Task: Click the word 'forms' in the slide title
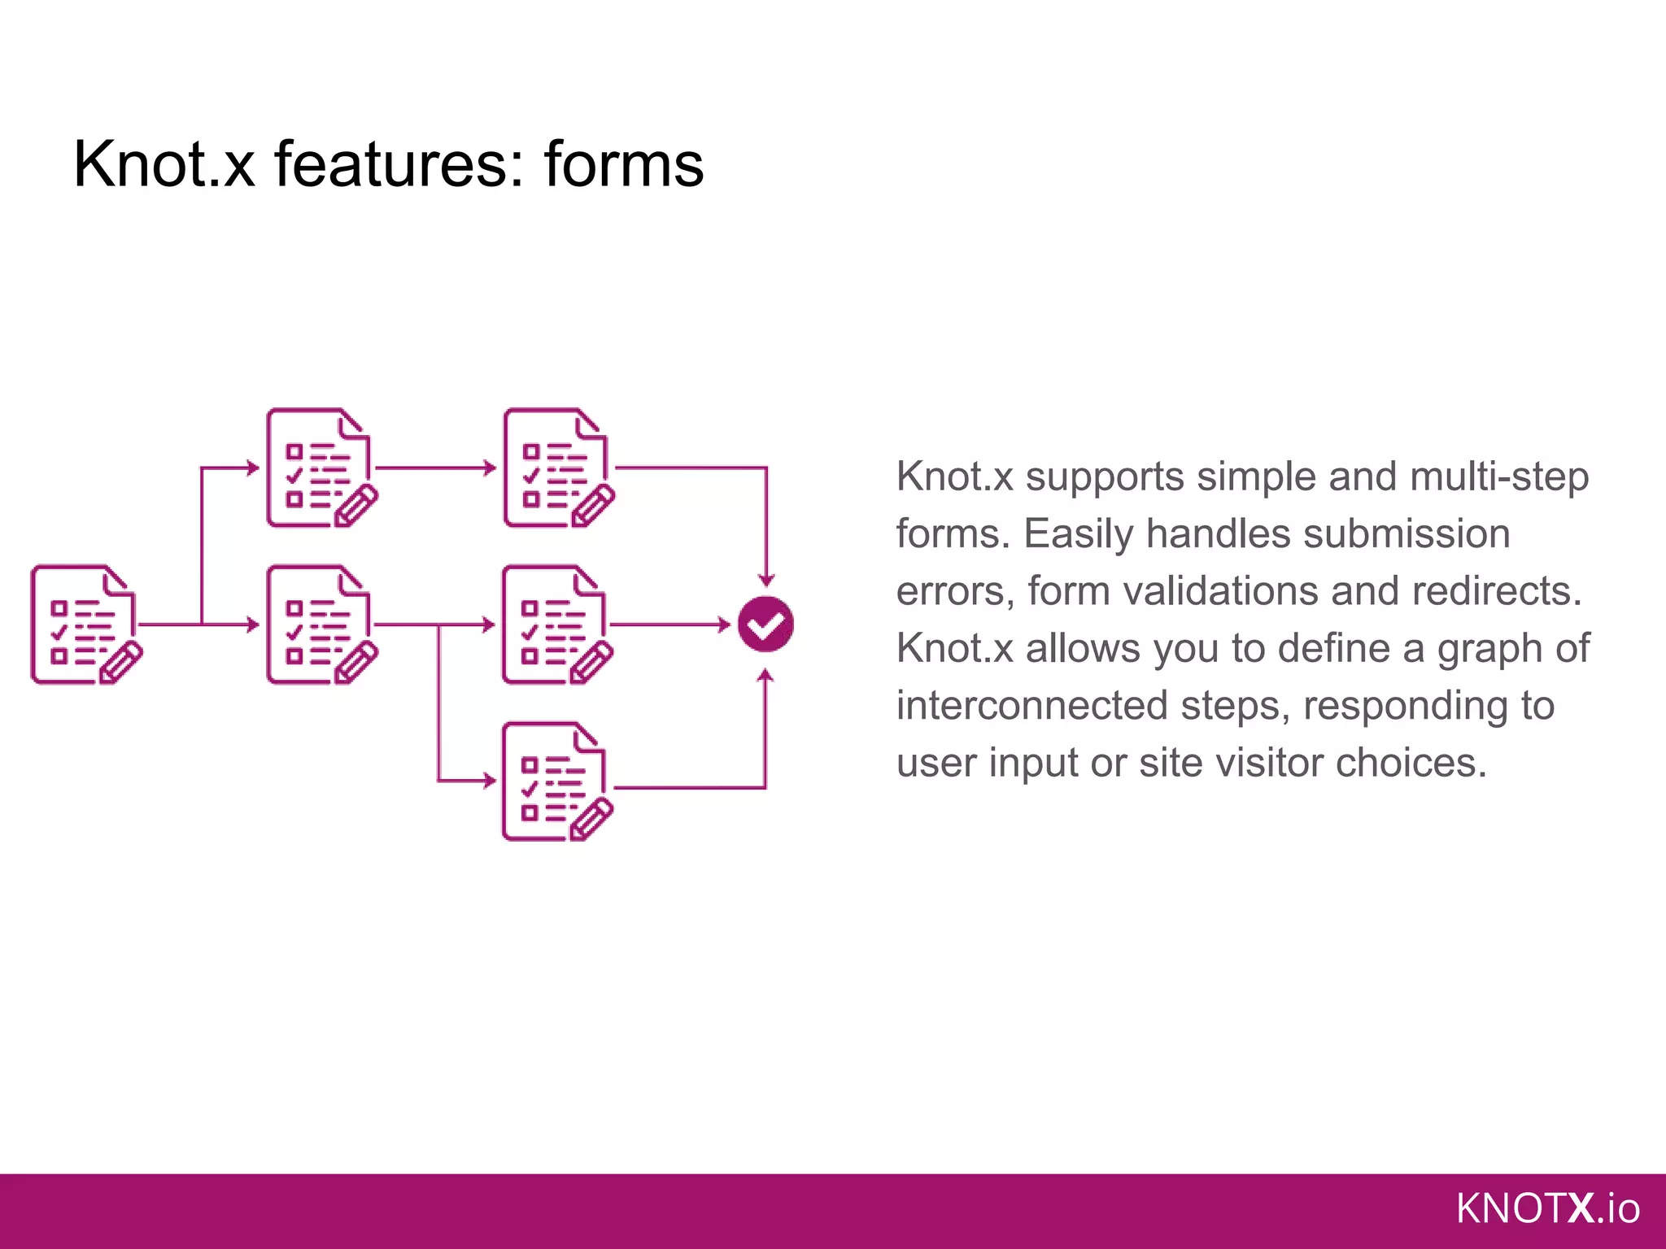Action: pyautogui.click(x=623, y=164)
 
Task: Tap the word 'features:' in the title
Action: pyautogui.click(x=399, y=164)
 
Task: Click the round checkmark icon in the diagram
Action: pyautogui.click(x=765, y=624)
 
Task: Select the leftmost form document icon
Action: pyautogui.click(x=84, y=624)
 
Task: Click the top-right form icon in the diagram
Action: pyautogui.click(x=556, y=468)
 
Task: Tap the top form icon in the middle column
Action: pyautogui.click(x=320, y=468)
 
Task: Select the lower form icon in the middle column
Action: pyautogui.click(x=320, y=624)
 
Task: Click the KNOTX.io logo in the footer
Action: pyautogui.click(x=1547, y=1208)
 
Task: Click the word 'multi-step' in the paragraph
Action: pyautogui.click(x=1498, y=477)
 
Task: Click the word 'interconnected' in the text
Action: pyautogui.click(x=1031, y=705)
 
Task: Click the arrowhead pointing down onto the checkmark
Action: pyautogui.click(x=765, y=579)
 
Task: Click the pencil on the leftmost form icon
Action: pyautogui.click(x=120, y=662)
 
